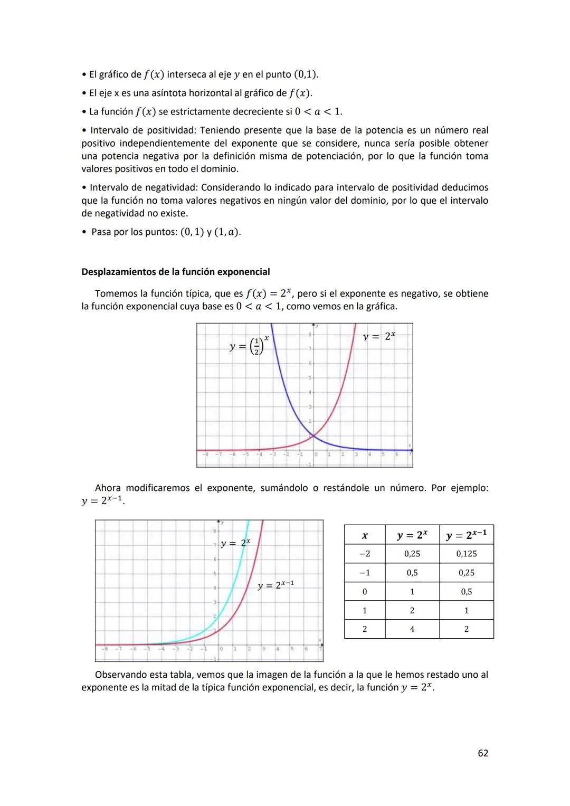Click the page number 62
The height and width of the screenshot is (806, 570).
click(x=483, y=753)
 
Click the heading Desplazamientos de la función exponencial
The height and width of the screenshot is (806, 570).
click(x=175, y=272)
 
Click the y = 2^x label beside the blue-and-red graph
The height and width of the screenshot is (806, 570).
click(x=379, y=336)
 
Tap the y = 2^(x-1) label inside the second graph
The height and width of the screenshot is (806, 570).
click(x=275, y=585)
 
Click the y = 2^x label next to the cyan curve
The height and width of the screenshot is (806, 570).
click(x=235, y=543)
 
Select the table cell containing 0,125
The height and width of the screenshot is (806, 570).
click(x=467, y=554)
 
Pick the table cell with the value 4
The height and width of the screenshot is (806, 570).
click(x=412, y=629)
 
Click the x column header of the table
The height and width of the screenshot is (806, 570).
click(x=365, y=535)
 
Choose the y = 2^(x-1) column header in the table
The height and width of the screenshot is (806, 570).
click(x=467, y=535)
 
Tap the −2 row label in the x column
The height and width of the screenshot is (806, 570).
click(x=365, y=554)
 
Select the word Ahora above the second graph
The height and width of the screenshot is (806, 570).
click(x=108, y=488)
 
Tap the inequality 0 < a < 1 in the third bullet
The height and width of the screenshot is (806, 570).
click(x=318, y=111)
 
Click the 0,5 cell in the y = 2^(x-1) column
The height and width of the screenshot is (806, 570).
click(x=467, y=592)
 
